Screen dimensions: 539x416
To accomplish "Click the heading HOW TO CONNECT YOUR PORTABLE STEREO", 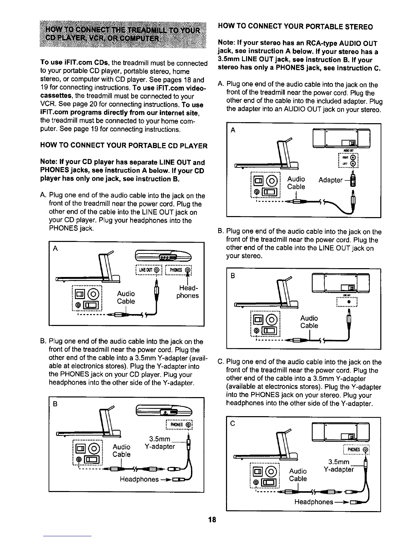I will (295, 27).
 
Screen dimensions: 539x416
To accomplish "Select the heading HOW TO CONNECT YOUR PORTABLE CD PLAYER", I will (124, 146).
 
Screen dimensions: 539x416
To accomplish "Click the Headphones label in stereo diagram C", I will (313, 502).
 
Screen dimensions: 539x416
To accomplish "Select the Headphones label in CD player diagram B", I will (139, 479).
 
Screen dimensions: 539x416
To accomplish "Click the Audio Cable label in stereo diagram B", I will (309, 322).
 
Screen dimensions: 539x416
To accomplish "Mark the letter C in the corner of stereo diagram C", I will (233, 423).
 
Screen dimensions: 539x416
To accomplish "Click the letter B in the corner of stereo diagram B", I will (233, 276).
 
